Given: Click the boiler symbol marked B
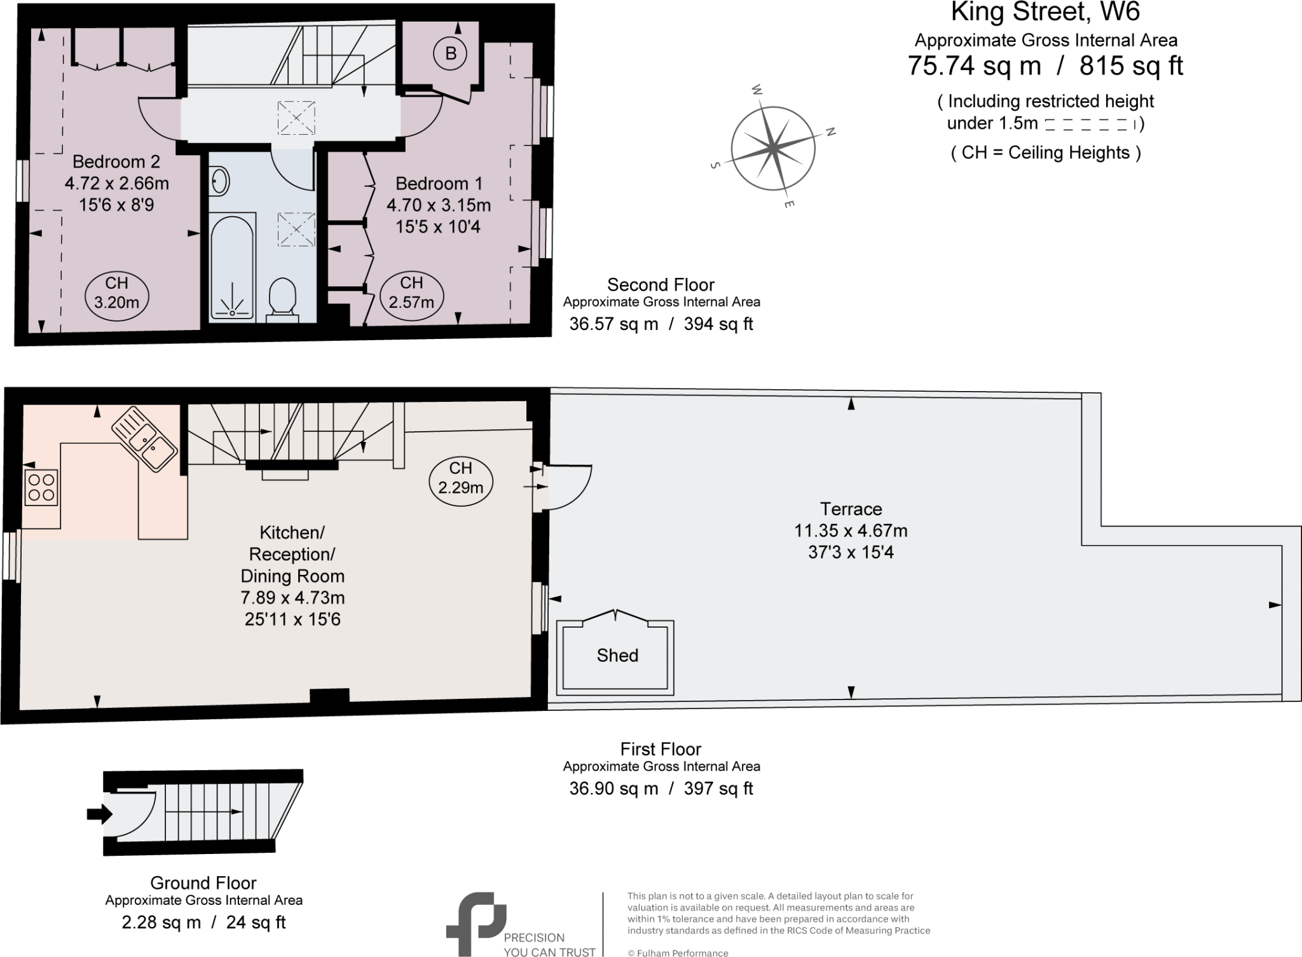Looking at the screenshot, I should pyautogui.click(x=450, y=53).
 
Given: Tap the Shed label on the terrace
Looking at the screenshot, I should pyautogui.click(x=617, y=656).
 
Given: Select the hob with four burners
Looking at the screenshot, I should pyautogui.click(x=41, y=487).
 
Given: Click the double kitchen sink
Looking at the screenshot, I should pyautogui.click(x=145, y=438).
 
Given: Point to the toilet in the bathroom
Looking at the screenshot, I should pyautogui.click(x=282, y=297).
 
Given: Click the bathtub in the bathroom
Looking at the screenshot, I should pyautogui.click(x=233, y=265).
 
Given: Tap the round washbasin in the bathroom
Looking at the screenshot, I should pyautogui.click(x=219, y=180).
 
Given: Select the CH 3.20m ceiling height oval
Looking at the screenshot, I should pyautogui.click(x=116, y=293).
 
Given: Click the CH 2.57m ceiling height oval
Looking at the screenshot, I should pyautogui.click(x=411, y=293).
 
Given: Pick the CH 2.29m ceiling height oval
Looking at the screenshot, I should pyautogui.click(x=460, y=478).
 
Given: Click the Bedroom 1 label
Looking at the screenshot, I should pyautogui.click(x=439, y=184).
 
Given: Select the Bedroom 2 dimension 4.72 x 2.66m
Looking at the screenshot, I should pyautogui.click(x=117, y=184).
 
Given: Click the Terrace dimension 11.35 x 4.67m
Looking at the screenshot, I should pyautogui.click(x=851, y=530).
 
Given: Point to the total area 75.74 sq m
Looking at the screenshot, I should pyautogui.click(x=974, y=66).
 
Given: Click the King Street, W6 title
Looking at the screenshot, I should pyautogui.click(x=1045, y=13).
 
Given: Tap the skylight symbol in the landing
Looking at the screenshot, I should pyautogui.click(x=296, y=118).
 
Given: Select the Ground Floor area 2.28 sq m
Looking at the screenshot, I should pyautogui.click(x=161, y=922).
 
